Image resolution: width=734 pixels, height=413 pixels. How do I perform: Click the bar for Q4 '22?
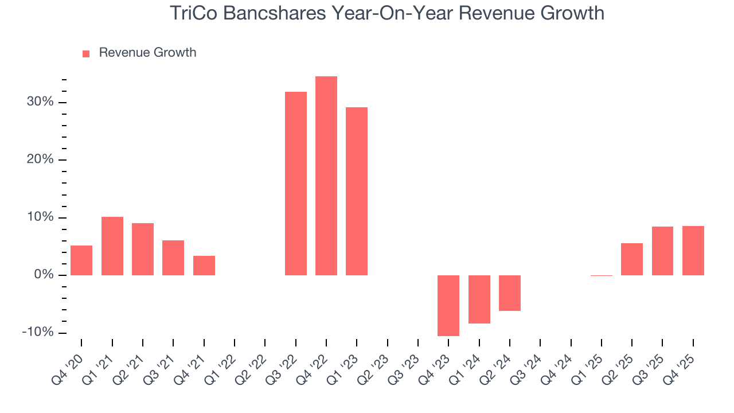tap(326, 176)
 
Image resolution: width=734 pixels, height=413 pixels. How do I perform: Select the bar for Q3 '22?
tap(296, 184)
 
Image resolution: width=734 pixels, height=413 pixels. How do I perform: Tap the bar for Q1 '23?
tap(357, 191)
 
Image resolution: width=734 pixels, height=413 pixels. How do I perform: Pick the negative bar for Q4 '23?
tap(448, 305)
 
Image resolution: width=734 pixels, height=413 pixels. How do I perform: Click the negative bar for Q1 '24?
tap(479, 299)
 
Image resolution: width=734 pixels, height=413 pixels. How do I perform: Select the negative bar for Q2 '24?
tap(510, 293)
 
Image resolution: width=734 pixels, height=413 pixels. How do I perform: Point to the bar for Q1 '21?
tap(112, 246)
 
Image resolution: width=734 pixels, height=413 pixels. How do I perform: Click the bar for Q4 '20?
tap(81, 260)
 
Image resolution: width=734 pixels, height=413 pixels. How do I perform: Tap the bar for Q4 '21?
tap(204, 265)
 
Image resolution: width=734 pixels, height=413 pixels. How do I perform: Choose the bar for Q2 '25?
tap(632, 259)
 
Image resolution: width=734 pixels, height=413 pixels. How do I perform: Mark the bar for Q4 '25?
tap(693, 250)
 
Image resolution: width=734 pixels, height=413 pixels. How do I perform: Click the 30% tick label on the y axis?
tap(40, 102)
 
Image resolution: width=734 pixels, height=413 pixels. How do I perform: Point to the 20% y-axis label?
tap(40, 159)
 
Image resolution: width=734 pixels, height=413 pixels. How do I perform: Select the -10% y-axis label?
tap(38, 333)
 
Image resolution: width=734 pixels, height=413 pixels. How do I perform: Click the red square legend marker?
tap(86, 53)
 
